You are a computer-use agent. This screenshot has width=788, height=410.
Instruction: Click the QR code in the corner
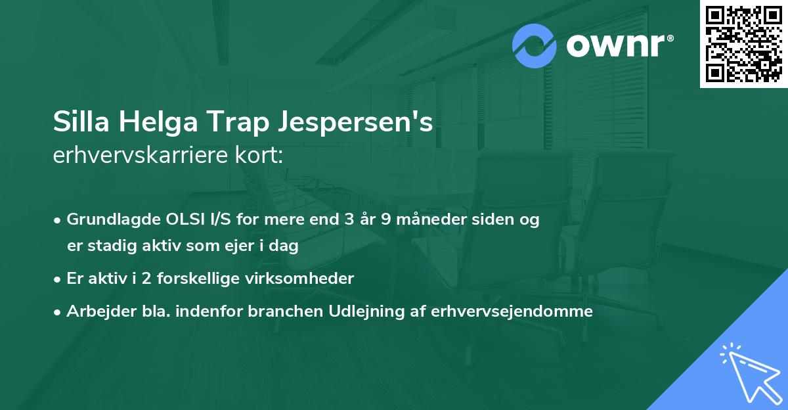click(743, 44)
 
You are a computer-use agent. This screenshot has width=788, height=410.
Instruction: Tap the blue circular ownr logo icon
click(535, 46)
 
